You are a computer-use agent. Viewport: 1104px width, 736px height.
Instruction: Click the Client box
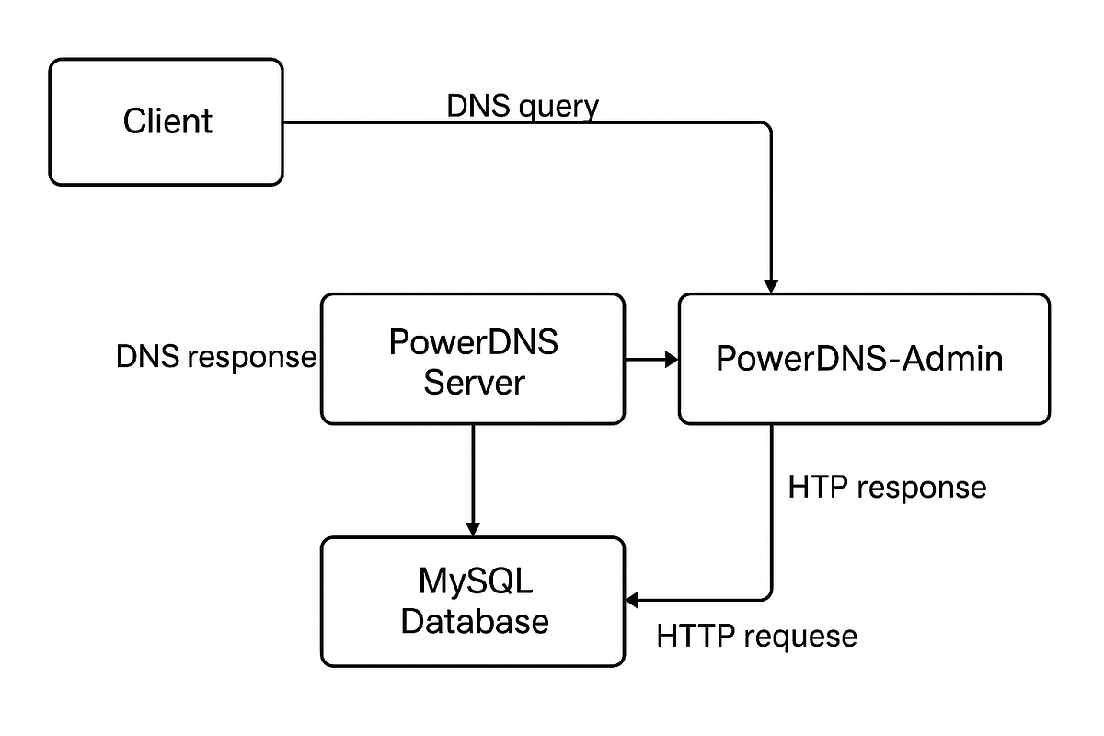pos(166,122)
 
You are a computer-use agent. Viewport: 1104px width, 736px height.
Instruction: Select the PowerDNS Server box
pos(472,359)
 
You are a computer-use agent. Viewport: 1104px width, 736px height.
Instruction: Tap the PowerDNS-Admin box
pos(863,359)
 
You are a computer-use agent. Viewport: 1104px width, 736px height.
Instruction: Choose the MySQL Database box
pos(472,602)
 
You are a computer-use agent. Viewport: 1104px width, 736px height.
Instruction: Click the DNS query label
pos(523,107)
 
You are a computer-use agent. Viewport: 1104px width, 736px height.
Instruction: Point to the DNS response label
pos(216,357)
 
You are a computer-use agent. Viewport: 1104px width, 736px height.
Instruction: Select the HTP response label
pos(887,487)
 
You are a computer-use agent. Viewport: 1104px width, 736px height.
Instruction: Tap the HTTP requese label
pos(756,636)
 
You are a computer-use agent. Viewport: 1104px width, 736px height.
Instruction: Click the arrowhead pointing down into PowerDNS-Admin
pos(771,282)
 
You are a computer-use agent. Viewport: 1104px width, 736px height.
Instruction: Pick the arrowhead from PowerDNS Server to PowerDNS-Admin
pos(670,360)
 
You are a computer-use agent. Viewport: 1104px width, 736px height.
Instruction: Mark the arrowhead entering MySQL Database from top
pos(473,528)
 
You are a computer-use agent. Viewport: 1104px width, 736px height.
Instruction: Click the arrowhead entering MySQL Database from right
pos(633,601)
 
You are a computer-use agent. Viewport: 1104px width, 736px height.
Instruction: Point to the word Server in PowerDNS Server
pos(473,382)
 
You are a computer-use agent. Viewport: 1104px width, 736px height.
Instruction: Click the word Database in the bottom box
pos(475,621)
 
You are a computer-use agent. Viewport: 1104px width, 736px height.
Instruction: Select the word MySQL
pos(475,581)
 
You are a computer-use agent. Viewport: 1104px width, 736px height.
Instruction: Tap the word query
pos(558,108)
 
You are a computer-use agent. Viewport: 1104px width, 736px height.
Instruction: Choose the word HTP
pos(817,487)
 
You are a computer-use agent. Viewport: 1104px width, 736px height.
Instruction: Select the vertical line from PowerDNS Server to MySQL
pos(473,474)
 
